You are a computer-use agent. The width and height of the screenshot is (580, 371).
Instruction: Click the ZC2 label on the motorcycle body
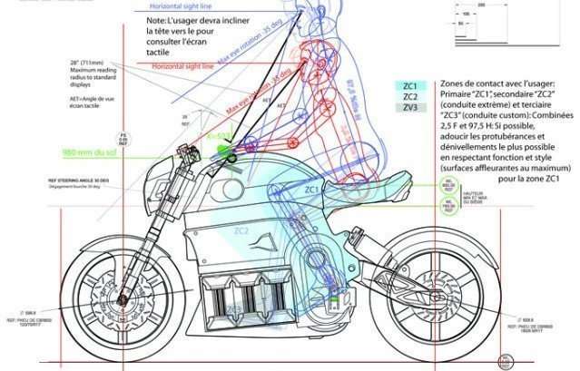(239, 230)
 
